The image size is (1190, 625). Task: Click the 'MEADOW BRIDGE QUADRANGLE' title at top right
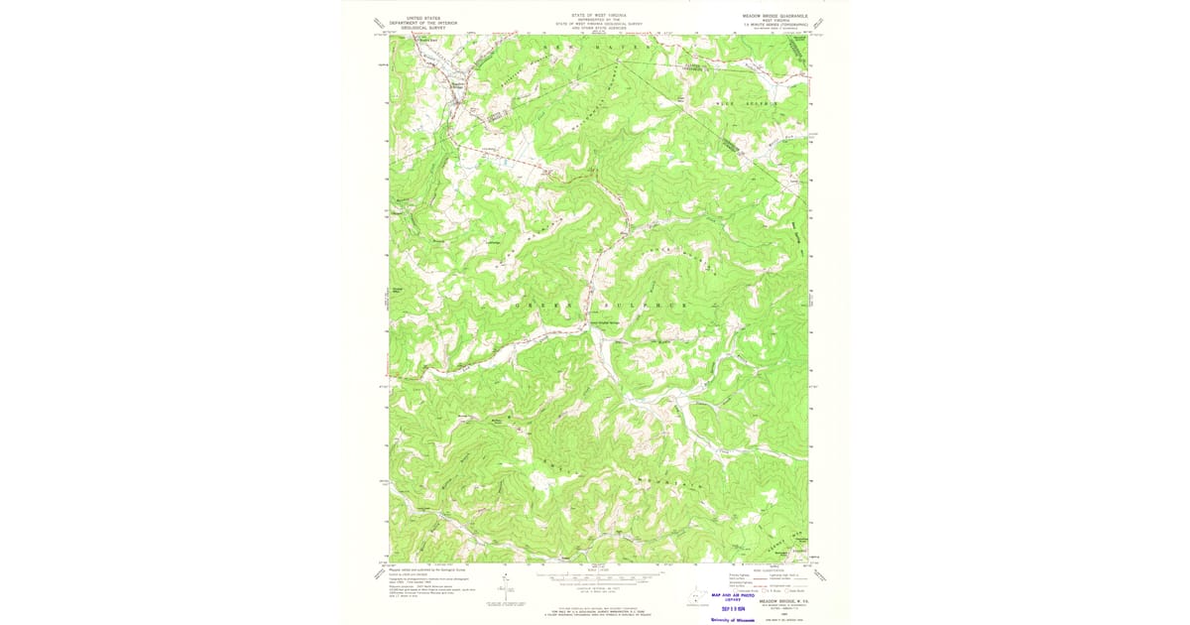pyautogui.click(x=775, y=17)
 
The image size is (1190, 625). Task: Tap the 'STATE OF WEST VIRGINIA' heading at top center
pyautogui.click(x=598, y=16)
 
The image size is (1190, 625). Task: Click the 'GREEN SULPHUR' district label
pyautogui.click(x=600, y=306)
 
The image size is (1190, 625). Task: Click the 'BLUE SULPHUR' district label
pyautogui.click(x=747, y=103)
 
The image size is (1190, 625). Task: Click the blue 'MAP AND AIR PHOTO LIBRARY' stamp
pyautogui.click(x=734, y=597)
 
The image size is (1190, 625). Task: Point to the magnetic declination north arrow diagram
pyautogui.click(x=500, y=591)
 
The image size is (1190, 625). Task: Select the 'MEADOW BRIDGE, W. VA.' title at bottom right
pyautogui.click(x=775, y=600)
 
